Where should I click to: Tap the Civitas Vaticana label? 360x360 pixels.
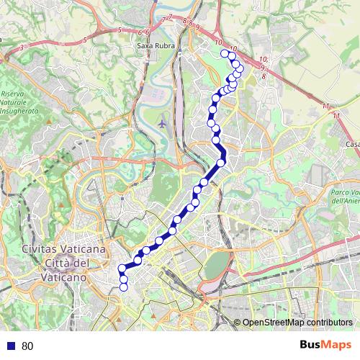[65, 248]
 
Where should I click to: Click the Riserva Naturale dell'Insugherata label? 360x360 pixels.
[15, 103]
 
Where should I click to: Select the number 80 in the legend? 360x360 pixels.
[28, 346]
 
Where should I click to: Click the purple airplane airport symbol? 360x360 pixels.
[162, 123]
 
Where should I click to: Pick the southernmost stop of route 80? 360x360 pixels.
[123, 287]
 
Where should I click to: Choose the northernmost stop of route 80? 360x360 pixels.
[225, 54]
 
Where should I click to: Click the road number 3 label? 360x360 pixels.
[23, 47]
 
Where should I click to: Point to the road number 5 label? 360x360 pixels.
[119, 30]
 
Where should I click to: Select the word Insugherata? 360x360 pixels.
[15, 112]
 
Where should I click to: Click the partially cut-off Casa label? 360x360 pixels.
[352, 145]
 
